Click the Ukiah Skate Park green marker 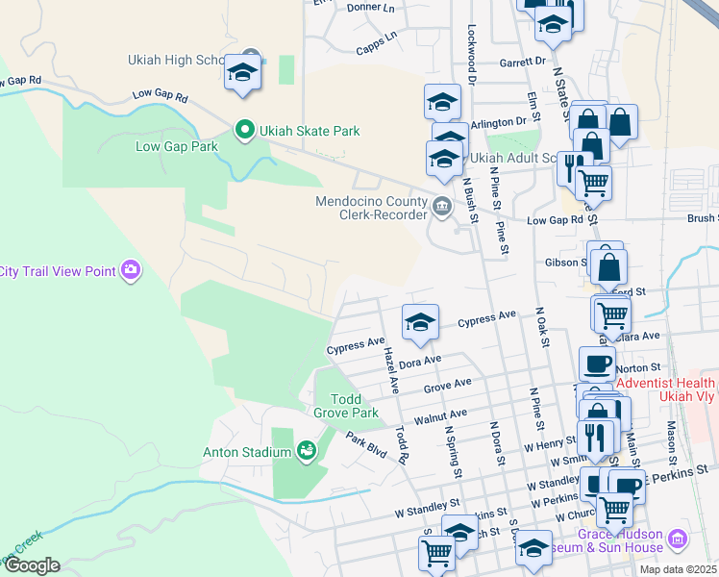point(244,129)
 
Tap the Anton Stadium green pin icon point(308,450)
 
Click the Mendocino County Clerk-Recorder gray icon point(441,204)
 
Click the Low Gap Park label point(177,146)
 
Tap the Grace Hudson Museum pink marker point(679,540)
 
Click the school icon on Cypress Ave point(420,323)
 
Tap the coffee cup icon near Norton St point(597,364)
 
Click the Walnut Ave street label point(440,417)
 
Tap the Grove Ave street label point(448,387)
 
